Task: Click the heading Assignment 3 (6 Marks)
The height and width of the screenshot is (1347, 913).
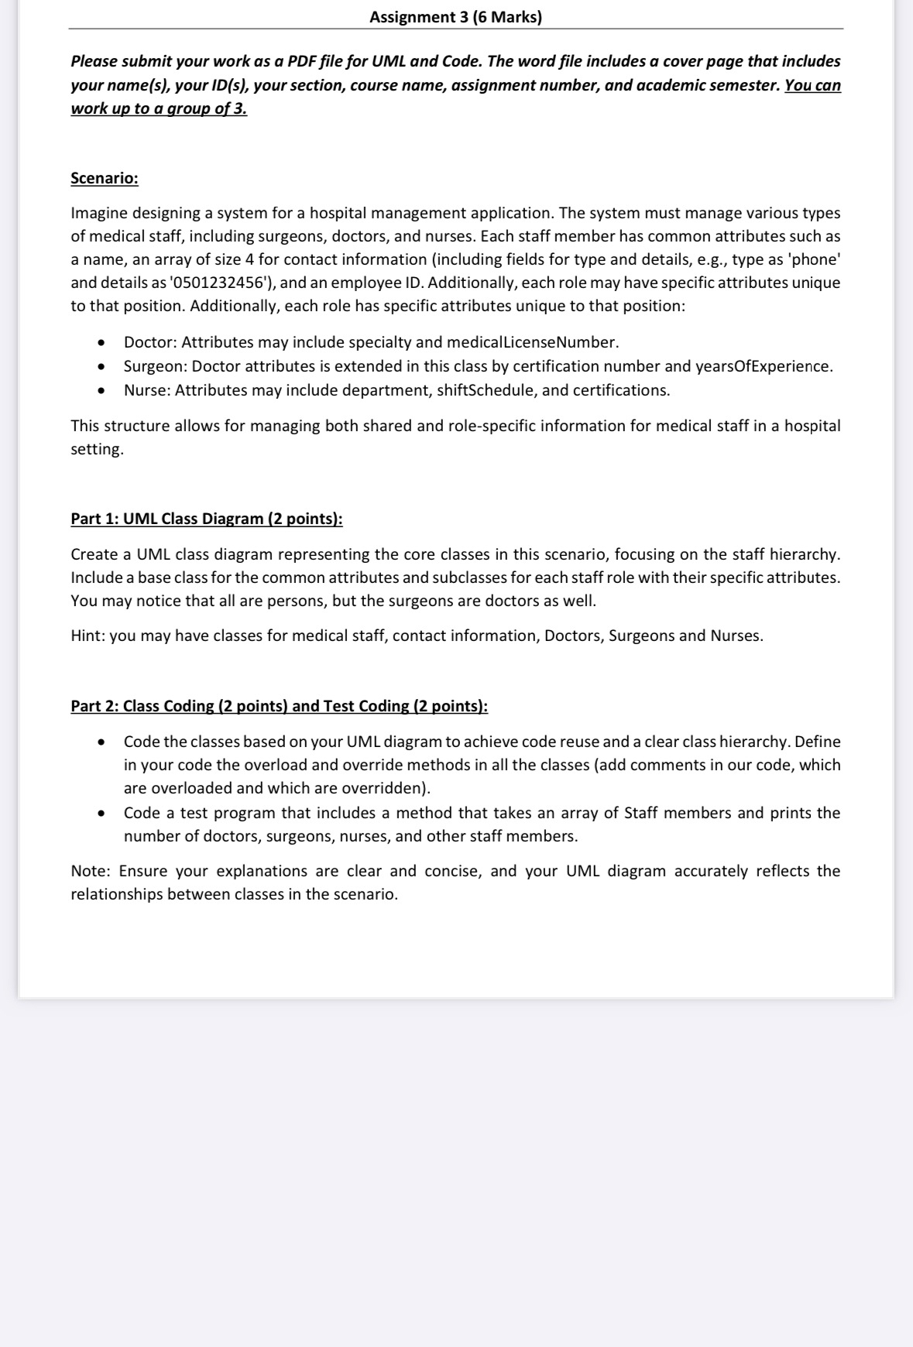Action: pos(455,17)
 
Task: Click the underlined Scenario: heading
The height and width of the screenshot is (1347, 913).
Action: pos(105,178)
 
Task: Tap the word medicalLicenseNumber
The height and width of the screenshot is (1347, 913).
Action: pos(532,342)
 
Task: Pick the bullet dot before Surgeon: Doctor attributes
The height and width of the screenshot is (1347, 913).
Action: pos(101,367)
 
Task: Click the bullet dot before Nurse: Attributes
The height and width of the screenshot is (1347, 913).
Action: pos(101,391)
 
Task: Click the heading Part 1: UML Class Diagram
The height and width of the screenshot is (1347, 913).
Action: pos(206,519)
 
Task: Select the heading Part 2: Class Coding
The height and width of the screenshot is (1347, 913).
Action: pos(279,706)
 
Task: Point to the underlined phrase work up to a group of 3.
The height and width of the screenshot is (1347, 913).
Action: pos(159,108)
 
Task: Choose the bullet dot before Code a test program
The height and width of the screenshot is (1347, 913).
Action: pos(101,814)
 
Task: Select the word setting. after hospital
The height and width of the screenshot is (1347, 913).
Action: pos(97,450)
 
